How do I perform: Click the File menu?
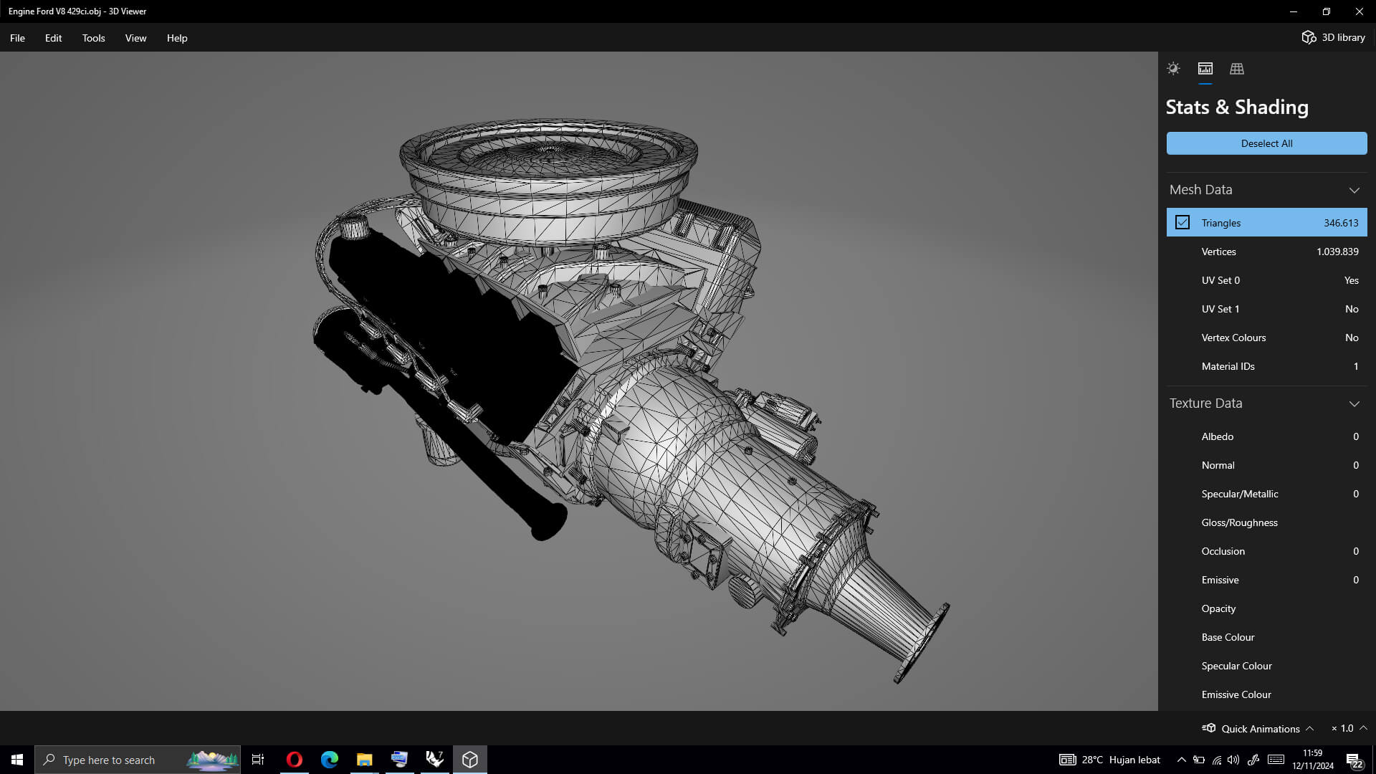(17, 38)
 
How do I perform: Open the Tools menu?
(93, 38)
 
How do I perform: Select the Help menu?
(177, 38)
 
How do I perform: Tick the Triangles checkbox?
(1182, 223)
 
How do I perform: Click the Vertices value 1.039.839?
(1337, 252)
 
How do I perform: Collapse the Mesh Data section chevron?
(1354, 190)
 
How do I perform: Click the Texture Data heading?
(1205, 403)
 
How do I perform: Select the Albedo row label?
(1217, 436)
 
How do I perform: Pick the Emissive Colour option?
(1236, 694)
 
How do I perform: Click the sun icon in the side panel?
(1173, 69)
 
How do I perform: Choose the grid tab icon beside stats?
(1236, 69)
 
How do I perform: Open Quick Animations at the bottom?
(1259, 728)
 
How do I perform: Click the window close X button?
(1359, 11)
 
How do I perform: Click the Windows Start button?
(17, 760)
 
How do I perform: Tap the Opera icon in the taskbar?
(294, 760)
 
